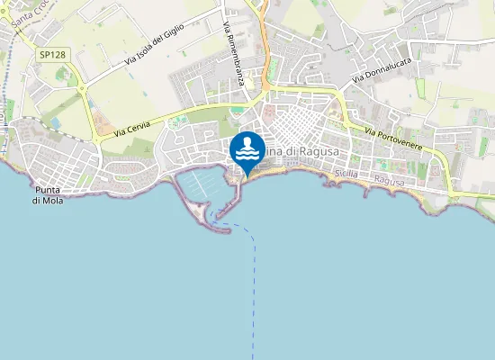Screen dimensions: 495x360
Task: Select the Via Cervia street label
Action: click(x=132, y=128)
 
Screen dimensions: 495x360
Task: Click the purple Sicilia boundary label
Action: click(x=346, y=172)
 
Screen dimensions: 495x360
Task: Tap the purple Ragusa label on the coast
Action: click(x=389, y=181)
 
